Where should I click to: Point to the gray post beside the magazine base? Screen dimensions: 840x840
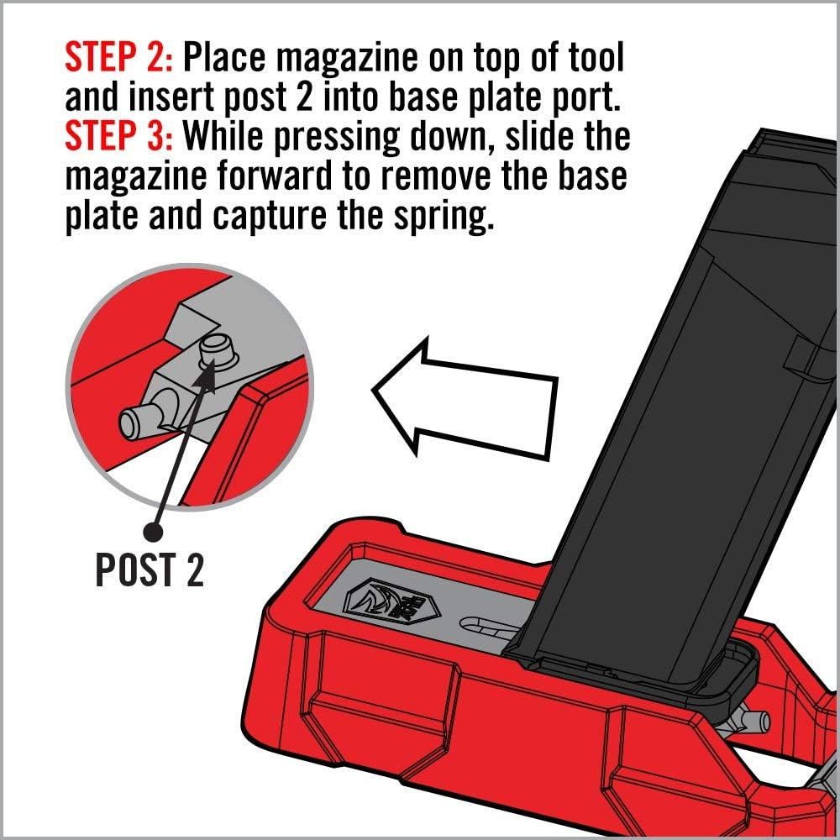click(x=750, y=721)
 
